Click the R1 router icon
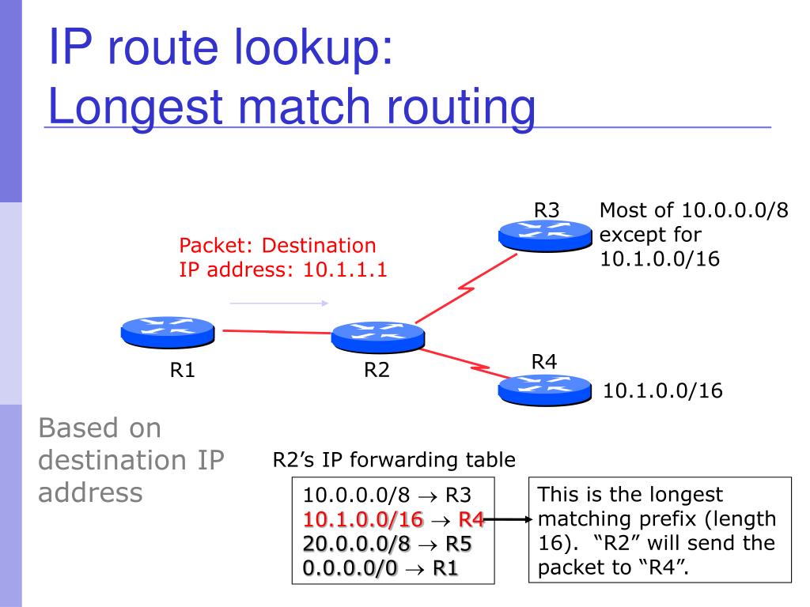[167, 331]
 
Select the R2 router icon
[377, 337]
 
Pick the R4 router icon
[545, 388]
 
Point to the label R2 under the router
[377, 370]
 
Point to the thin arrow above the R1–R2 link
[278, 303]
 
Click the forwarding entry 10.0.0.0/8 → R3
[387, 496]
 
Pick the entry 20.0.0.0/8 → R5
[387, 545]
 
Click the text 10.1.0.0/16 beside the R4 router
[663, 390]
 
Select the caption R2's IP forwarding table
[394, 459]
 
